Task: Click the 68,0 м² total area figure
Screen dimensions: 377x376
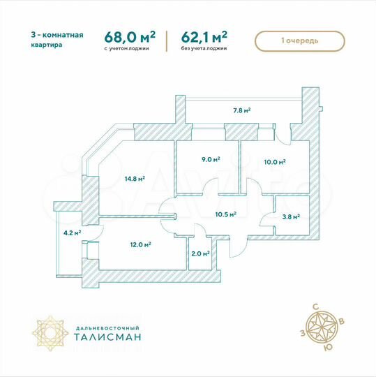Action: (130, 37)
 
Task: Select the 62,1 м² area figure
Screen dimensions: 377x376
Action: (206, 37)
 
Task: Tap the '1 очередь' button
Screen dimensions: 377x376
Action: (300, 40)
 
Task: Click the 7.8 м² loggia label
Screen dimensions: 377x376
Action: (241, 110)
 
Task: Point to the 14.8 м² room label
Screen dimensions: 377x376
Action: (135, 179)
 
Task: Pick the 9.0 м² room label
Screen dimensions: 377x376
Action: (211, 159)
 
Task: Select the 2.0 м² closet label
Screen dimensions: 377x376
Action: (200, 253)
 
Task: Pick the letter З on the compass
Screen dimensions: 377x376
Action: (302, 333)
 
